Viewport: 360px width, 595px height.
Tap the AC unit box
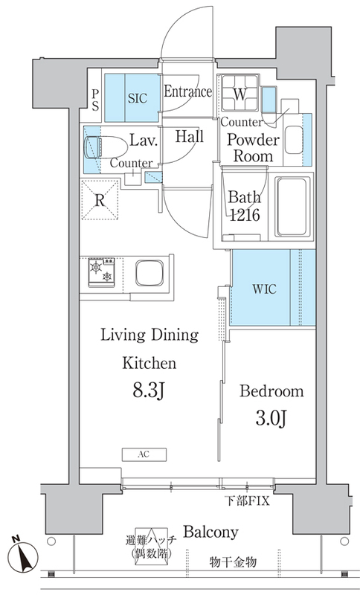click(144, 454)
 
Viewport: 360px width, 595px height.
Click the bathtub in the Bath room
click(292, 207)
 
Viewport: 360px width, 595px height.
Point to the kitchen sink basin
click(150, 272)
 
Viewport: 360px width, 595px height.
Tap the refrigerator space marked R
click(100, 199)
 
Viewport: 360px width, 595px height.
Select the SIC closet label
click(138, 98)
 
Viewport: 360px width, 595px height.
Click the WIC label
click(264, 289)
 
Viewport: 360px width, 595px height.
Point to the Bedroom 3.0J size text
click(271, 419)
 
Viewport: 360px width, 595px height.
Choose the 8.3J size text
click(148, 391)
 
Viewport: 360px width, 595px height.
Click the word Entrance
click(187, 91)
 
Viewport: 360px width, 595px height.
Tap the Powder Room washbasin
click(294, 139)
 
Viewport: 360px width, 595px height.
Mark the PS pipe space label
click(95, 100)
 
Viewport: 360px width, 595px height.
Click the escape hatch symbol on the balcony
click(151, 546)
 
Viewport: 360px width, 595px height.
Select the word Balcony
click(211, 532)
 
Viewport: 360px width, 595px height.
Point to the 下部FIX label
click(248, 501)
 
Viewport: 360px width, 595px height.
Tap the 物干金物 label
click(234, 562)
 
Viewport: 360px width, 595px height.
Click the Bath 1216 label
click(245, 206)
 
